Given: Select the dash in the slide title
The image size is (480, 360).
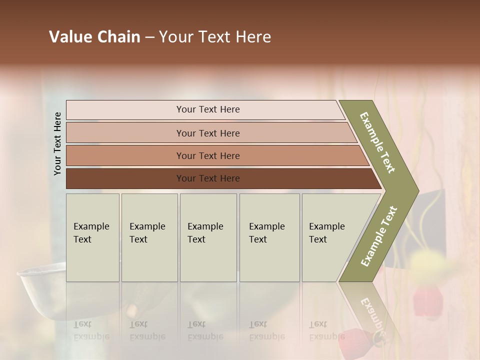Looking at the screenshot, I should pos(149,37).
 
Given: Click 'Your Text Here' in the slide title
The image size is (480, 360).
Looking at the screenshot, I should pos(214,37).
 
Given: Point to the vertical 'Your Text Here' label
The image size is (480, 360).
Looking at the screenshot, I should pos(57,143).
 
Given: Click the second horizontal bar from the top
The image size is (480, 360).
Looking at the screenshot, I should pos(207,133).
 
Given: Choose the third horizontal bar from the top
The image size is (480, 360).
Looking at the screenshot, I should pos(207,155).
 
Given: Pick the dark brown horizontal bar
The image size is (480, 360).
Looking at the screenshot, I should pos(207,178).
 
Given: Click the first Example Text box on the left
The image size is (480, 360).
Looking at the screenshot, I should pos(92,237).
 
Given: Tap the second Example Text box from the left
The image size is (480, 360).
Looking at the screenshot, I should pos(149,237).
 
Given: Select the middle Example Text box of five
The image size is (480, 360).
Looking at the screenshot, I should pos(208,237).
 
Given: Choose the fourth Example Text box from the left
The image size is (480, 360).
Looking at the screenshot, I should pos(269,237).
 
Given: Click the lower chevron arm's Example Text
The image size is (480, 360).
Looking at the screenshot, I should pos(379,236).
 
